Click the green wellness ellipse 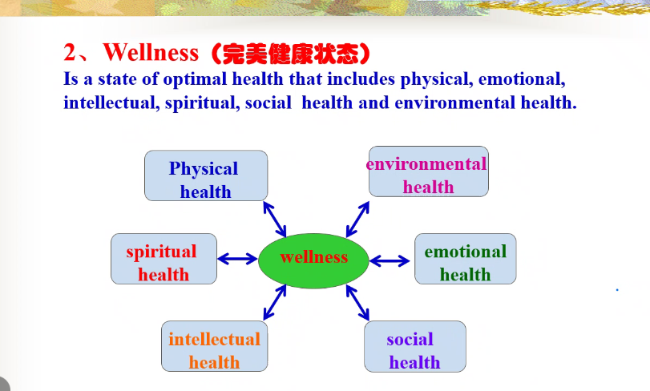[313, 260]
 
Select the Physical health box [206, 175]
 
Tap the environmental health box [429, 171]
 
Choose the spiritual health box [164, 259]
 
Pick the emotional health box [466, 259]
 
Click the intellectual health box [214, 346]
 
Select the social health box [415, 346]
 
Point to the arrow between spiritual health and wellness [237, 260]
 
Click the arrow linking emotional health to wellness [390, 261]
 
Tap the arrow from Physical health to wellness [274, 220]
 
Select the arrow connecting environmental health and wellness [357, 220]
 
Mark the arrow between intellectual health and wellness [274, 302]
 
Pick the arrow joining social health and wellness [357, 303]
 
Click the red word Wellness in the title [151, 53]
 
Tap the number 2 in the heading [70, 53]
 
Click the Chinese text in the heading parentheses [290, 54]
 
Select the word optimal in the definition [195, 79]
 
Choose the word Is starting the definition [71, 79]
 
